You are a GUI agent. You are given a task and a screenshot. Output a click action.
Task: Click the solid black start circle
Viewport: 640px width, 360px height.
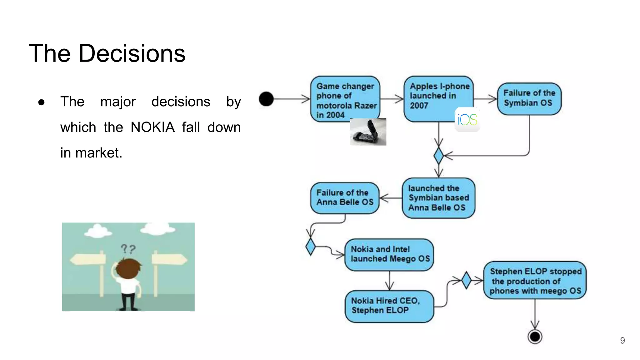[266, 99]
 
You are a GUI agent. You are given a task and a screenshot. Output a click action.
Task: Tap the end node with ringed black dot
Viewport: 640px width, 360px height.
[535, 337]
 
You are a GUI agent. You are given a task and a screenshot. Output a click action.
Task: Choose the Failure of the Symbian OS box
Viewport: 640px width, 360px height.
[529, 98]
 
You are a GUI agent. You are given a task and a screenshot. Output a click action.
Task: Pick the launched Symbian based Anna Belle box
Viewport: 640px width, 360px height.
[438, 198]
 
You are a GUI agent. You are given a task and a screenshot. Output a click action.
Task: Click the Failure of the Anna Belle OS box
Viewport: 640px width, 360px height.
[345, 198]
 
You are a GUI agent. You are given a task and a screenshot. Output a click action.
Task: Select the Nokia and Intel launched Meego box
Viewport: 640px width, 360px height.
[389, 254]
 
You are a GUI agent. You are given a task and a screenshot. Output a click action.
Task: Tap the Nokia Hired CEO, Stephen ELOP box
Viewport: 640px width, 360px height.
[389, 306]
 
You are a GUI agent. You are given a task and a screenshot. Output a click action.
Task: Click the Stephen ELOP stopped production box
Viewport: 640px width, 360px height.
[535, 281]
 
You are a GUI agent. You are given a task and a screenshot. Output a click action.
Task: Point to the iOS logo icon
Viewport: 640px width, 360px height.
[467, 120]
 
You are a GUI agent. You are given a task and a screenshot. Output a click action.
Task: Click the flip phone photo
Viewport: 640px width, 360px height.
[368, 132]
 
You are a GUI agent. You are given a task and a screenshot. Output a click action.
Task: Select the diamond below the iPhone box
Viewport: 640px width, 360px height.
[438, 155]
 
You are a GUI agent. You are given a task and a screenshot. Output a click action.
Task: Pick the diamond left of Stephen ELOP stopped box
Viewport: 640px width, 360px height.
[466, 280]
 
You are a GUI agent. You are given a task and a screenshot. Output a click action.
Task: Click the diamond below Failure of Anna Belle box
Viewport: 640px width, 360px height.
[310, 247]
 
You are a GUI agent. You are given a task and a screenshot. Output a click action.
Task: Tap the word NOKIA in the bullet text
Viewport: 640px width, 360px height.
[152, 127]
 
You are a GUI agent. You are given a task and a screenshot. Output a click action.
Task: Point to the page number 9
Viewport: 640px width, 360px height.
[622, 341]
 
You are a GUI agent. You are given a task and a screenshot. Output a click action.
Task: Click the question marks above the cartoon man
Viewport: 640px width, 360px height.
[128, 249]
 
